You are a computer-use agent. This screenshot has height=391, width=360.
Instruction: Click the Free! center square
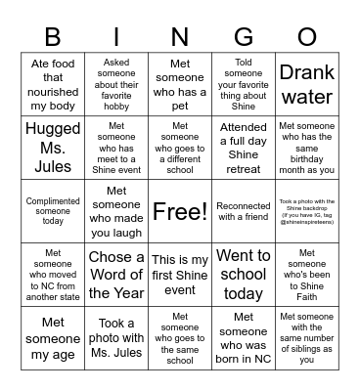click(x=180, y=211)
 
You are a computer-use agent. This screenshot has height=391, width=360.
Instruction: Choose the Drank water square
click(x=306, y=84)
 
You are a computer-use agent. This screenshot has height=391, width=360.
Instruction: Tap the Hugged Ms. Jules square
click(x=53, y=148)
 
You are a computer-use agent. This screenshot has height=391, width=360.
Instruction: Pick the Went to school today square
click(x=243, y=275)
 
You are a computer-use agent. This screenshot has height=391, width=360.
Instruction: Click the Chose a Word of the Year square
click(x=116, y=275)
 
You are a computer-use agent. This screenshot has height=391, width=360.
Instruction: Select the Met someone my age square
click(x=53, y=338)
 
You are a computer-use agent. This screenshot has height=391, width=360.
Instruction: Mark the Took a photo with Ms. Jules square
click(x=116, y=338)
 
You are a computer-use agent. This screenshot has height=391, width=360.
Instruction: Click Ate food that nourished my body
click(x=53, y=84)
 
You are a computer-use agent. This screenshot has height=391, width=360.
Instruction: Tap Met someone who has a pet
click(x=180, y=84)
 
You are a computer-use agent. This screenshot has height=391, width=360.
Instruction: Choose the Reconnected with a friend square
click(x=243, y=211)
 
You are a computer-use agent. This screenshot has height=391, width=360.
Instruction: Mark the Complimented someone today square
click(x=53, y=211)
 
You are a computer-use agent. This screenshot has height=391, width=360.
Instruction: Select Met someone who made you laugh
click(x=116, y=211)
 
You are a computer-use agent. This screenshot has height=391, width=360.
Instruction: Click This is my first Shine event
click(x=180, y=275)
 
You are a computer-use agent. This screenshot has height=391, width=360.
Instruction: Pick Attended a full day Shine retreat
click(x=243, y=148)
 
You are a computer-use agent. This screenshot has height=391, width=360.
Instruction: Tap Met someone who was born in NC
click(x=243, y=338)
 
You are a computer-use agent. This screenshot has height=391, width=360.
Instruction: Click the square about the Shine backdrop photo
click(x=306, y=211)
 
